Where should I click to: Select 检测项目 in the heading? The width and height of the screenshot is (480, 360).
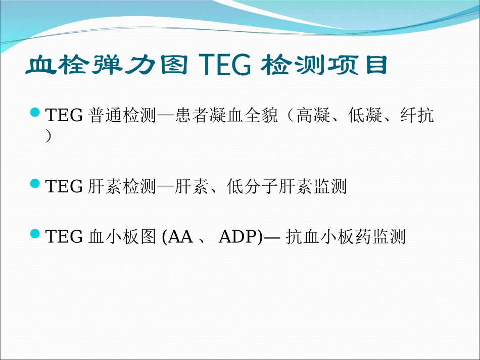324,67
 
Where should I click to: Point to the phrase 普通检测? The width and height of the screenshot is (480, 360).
122,117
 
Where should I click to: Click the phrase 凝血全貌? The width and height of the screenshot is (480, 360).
243,117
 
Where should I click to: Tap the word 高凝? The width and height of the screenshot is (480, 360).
313,117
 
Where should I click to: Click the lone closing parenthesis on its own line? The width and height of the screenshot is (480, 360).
49,137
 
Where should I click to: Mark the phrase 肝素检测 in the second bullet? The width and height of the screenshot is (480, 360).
122,187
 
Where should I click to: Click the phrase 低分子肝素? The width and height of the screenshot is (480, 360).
270,187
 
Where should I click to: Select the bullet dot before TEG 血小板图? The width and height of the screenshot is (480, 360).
35,233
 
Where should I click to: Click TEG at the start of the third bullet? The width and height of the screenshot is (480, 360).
64,237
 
